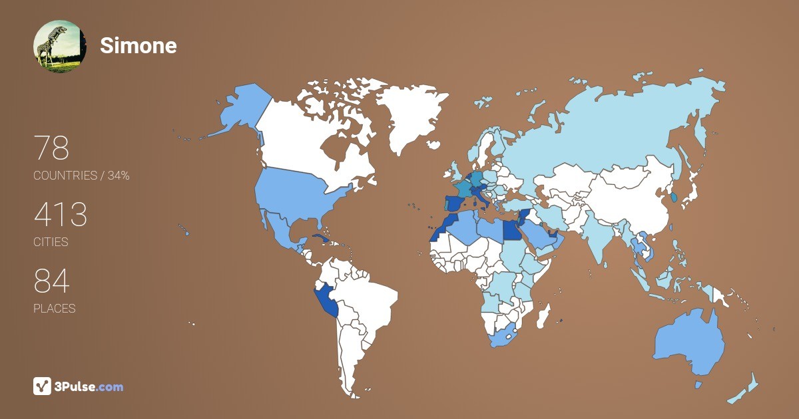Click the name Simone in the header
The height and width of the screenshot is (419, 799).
coord(138,45)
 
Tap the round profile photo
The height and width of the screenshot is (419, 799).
coord(59,46)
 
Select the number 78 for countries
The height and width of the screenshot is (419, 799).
coord(51,148)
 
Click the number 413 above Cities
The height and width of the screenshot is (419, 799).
coord(61,215)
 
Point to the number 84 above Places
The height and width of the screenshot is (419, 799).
coord(51,281)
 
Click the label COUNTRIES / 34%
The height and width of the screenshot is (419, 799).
coord(81,176)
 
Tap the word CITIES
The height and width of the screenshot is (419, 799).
coord(51,242)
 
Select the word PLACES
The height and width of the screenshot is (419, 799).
coord(54,309)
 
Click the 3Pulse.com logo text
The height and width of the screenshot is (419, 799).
coord(89,386)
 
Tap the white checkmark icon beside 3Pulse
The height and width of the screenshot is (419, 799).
coord(42,386)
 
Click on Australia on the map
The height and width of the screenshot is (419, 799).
coord(689,343)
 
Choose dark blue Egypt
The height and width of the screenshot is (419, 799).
coord(510,230)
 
